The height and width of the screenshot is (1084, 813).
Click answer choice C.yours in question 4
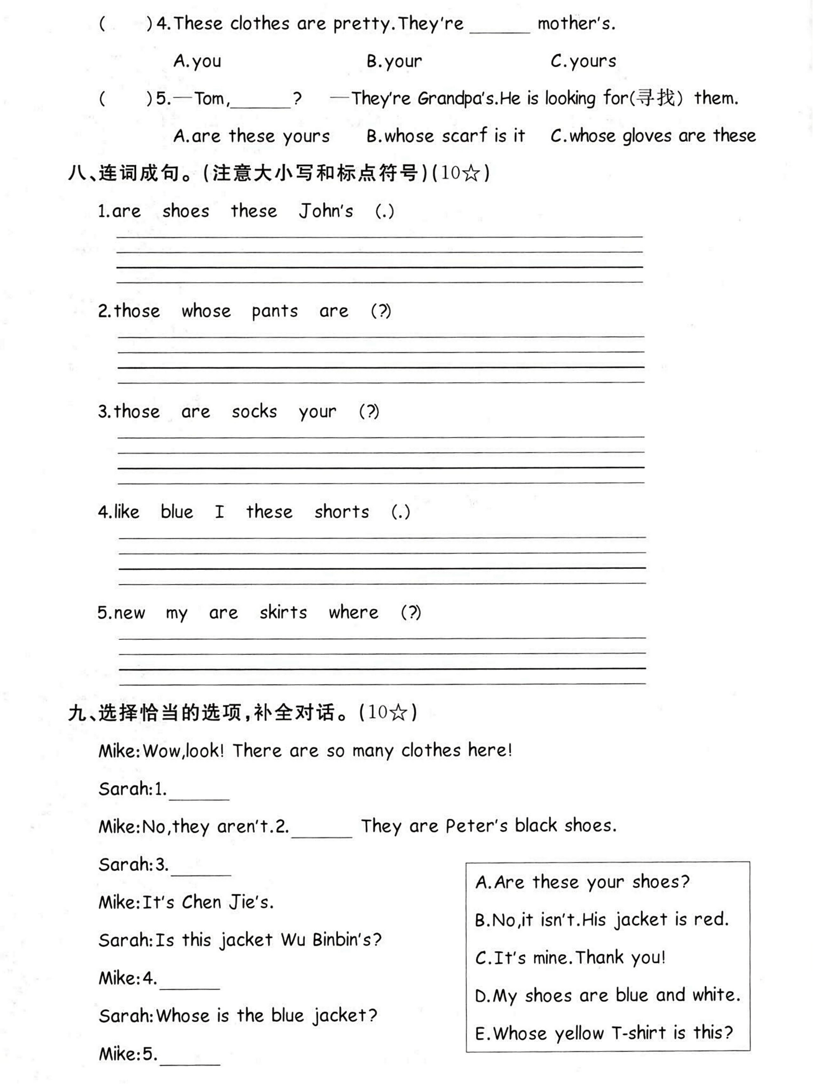click(x=583, y=61)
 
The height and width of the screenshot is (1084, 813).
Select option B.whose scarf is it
click(x=446, y=136)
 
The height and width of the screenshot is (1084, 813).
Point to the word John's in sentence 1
click(x=326, y=211)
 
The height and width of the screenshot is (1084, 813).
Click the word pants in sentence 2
click(x=274, y=311)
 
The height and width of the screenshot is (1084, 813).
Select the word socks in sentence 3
click(x=254, y=411)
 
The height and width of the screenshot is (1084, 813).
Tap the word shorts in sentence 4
click(x=342, y=512)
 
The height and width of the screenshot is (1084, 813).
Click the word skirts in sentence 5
click(x=283, y=612)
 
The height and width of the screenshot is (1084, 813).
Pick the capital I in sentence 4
click(x=219, y=512)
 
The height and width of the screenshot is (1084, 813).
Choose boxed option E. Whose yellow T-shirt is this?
click(x=603, y=1033)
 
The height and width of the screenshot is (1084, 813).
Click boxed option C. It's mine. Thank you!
click(x=570, y=958)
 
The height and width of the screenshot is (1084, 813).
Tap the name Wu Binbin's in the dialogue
click(x=331, y=940)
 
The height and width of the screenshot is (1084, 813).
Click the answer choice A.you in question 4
click(x=197, y=61)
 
